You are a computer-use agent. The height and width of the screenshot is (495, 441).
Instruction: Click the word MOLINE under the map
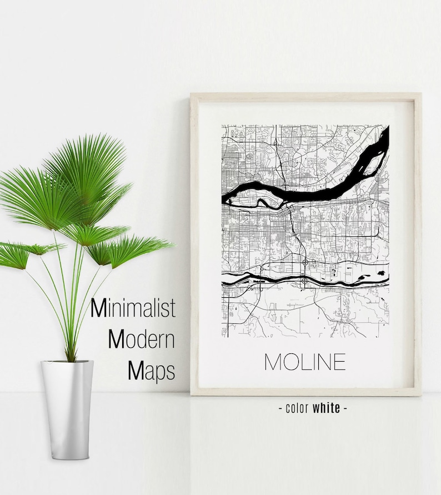[304, 362]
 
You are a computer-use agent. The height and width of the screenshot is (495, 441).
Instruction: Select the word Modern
[141, 339]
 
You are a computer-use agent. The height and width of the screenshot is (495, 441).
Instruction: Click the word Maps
[151, 371]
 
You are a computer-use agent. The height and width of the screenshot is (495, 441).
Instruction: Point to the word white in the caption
[326, 408]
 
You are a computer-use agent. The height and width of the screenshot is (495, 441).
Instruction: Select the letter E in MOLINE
[339, 362]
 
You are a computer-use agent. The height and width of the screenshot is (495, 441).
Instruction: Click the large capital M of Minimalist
[98, 308]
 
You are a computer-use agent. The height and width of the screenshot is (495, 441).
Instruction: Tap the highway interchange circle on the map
[305, 261]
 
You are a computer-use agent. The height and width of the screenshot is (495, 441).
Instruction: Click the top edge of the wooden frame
[305, 97]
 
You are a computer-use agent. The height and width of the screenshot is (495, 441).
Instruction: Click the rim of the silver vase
[67, 363]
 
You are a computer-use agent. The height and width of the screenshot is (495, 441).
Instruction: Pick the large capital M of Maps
[136, 371]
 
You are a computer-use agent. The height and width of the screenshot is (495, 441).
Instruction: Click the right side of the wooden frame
[417, 244]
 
